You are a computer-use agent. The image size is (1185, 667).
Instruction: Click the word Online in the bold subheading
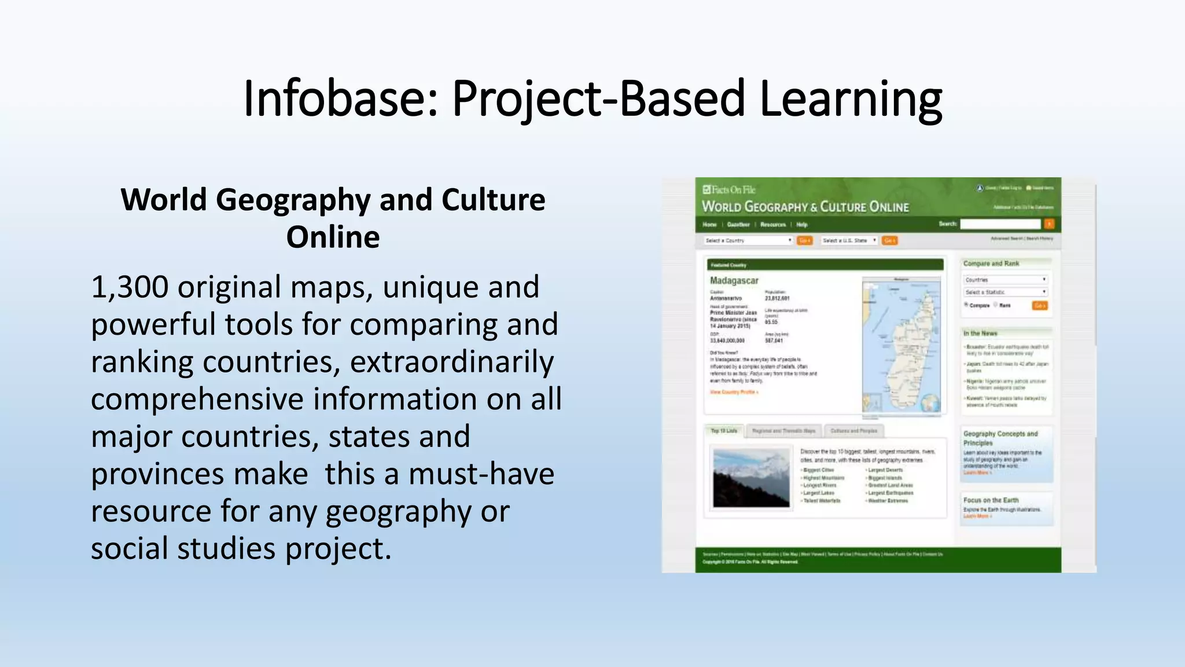tap(333, 237)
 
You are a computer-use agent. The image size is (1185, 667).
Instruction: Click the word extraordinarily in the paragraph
tap(452, 362)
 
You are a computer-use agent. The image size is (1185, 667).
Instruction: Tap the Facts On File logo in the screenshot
tap(729, 189)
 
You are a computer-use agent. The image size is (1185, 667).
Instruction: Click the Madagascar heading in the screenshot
tap(734, 280)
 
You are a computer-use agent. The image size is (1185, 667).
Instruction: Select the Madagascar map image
tap(901, 345)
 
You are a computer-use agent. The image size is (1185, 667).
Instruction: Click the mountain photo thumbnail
tap(751, 478)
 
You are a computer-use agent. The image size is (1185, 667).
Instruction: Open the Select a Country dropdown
tap(748, 240)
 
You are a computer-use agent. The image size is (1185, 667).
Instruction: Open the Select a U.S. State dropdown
tap(849, 240)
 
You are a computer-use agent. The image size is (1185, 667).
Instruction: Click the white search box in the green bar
tap(1000, 224)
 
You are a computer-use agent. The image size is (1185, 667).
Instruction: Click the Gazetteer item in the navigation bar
tap(738, 225)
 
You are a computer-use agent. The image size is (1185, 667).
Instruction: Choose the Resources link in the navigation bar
tap(773, 225)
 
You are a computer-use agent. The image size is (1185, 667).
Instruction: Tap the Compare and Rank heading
tap(991, 263)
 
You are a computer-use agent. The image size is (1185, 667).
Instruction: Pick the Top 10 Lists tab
tap(724, 431)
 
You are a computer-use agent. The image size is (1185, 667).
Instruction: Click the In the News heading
tap(980, 333)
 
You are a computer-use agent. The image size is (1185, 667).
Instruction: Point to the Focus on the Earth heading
tap(991, 500)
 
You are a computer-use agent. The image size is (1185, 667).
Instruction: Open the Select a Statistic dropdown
tap(1006, 292)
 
